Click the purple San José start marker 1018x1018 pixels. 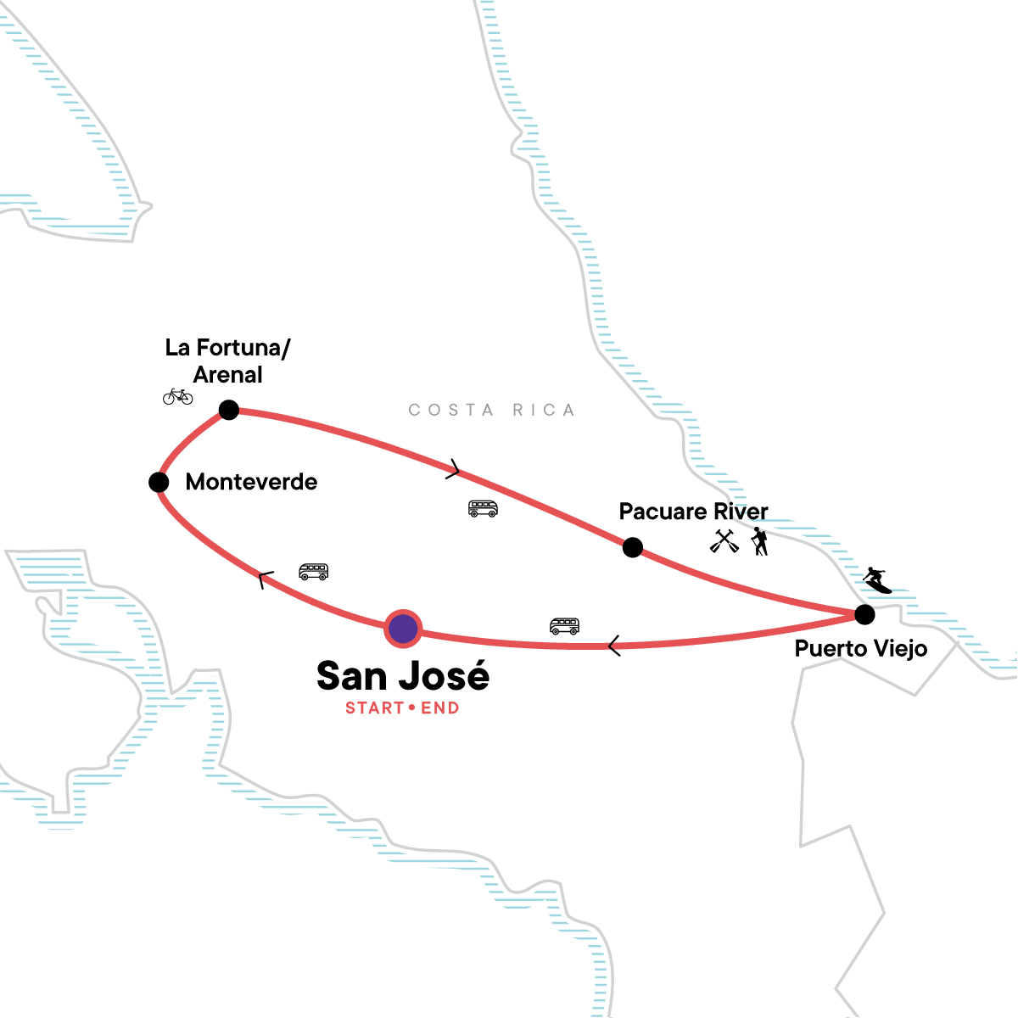click(x=403, y=629)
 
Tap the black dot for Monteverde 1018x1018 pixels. click(x=159, y=482)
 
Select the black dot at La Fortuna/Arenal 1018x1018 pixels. click(x=229, y=411)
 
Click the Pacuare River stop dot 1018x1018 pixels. click(x=632, y=547)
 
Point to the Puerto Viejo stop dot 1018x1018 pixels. click(x=864, y=613)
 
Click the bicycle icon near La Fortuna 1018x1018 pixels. click(x=178, y=396)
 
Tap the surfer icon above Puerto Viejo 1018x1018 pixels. click(x=877, y=580)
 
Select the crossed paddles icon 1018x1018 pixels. click(x=724, y=540)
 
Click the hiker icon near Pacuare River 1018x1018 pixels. click(x=759, y=541)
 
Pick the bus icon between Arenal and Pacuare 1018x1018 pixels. click(x=483, y=508)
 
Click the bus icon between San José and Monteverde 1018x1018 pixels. click(x=313, y=572)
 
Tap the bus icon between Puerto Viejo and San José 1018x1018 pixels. click(x=564, y=626)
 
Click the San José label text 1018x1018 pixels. click(x=403, y=676)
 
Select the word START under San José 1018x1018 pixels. click(x=374, y=708)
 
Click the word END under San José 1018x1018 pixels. click(x=440, y=708)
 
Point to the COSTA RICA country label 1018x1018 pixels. click(x=491, y=411)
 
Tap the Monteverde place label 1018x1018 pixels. click(x=251, y=482)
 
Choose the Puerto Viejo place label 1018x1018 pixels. click(x=860, y=649)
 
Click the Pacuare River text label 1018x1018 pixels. click(x=693, y=512)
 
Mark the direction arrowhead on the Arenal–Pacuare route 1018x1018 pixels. click(x=454, y=469)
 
